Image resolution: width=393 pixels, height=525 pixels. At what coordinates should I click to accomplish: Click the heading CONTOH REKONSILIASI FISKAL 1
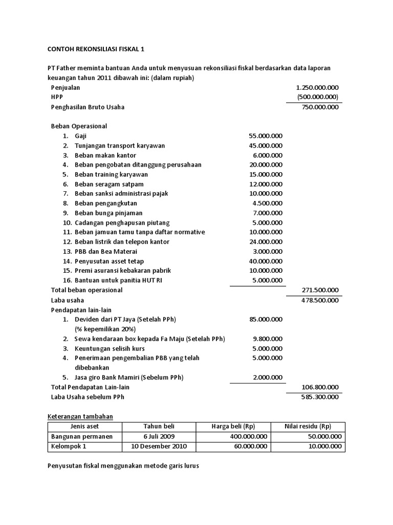(97, 49)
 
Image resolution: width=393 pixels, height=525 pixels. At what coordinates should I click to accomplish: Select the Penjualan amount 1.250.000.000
(317, 88)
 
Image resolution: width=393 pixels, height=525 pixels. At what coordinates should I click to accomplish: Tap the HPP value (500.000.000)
(317, 97)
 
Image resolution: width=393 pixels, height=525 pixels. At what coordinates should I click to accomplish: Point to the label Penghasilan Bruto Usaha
(88, 107)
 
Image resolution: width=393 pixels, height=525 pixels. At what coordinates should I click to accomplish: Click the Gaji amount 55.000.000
(266, 136)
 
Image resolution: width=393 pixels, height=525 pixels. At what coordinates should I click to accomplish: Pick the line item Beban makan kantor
(105, 155)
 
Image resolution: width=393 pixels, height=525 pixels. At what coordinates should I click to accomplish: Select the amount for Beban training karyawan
(266, 174)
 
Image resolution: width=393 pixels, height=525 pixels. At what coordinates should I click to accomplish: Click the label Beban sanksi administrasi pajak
(121, 193)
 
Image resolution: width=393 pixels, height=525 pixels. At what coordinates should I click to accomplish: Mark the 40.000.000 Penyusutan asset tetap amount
(266, 261)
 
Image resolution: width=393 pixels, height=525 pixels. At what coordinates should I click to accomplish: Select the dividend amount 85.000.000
(266, 319)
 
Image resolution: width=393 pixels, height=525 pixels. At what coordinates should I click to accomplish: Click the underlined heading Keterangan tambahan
(80, 416)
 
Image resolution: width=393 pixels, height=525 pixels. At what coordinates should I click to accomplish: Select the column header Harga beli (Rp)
(233, 427)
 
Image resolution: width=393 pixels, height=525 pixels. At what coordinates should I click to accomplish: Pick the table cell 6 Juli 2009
(159, 436)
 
